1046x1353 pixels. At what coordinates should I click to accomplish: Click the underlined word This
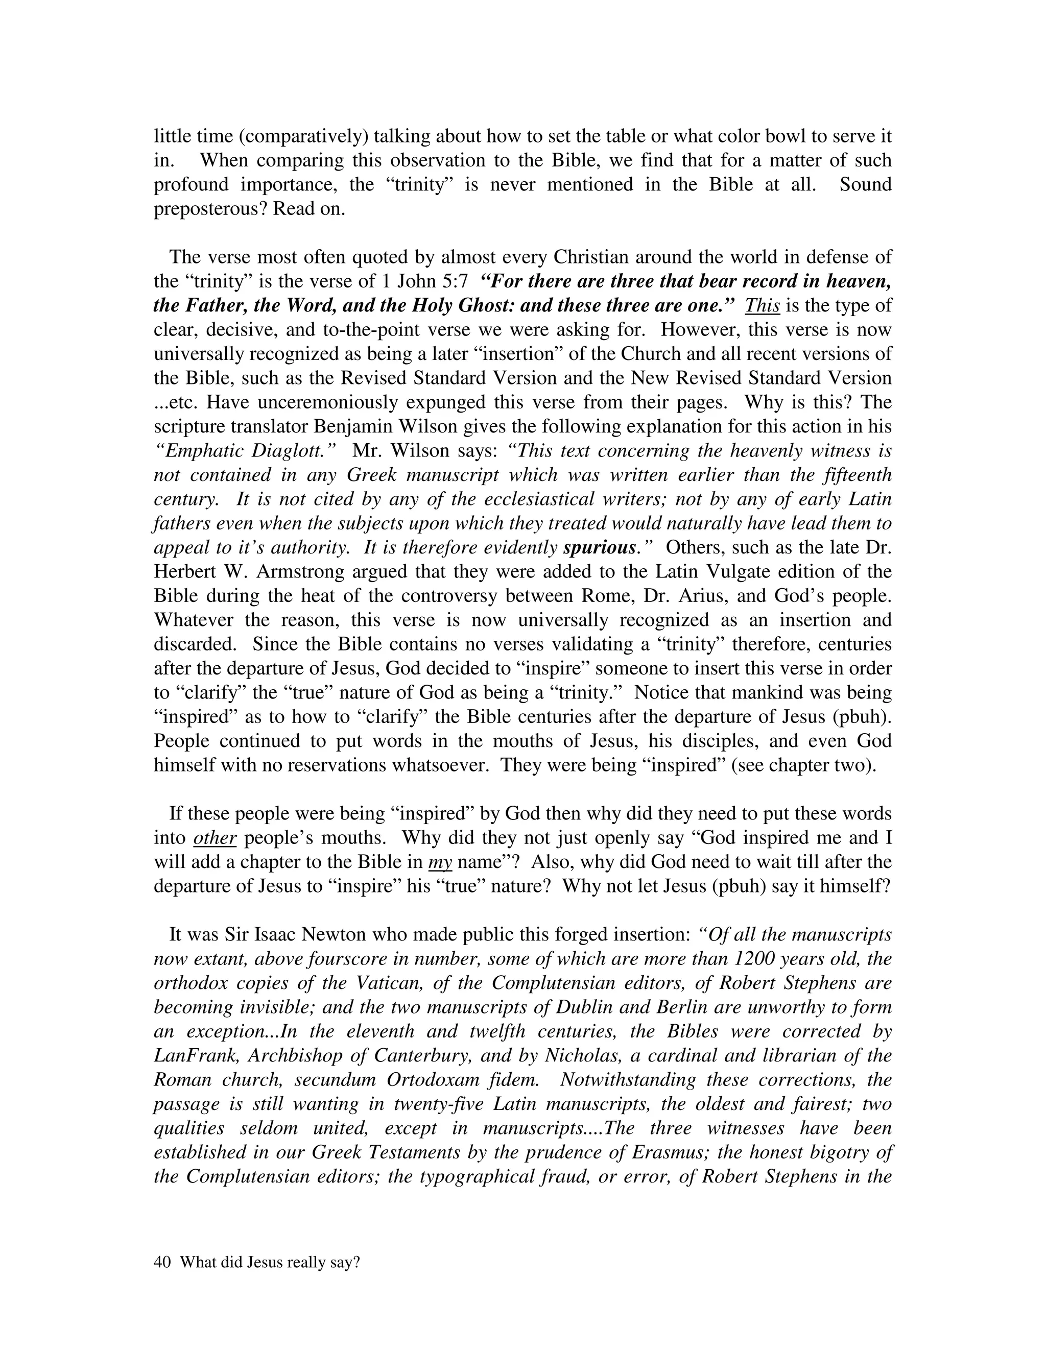[762, 305]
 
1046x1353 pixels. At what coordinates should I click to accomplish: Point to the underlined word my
[440, 862]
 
